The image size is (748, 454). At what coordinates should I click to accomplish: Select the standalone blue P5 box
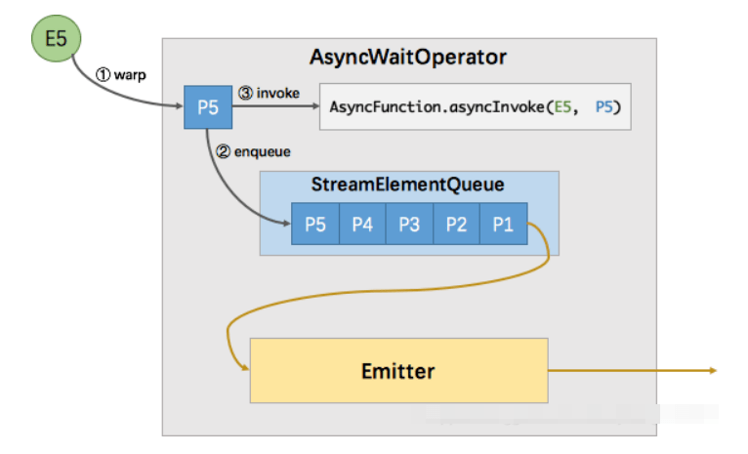point(208,106)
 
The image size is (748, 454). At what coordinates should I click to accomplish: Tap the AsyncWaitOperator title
point(408,58)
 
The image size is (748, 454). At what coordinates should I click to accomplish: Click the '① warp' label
point(120,74)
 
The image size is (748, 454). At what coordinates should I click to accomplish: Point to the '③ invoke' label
point(269,94)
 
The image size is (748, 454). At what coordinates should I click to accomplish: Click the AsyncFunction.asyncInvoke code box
point(475,106)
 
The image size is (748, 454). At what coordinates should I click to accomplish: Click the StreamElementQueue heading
point(408,186)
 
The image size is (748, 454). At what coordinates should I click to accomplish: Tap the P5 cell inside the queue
point(314,224)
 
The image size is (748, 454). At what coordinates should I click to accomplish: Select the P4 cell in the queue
point(362,224)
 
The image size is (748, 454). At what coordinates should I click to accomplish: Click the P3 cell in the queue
point(409,224)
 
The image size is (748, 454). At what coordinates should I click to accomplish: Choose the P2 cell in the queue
point(456,224)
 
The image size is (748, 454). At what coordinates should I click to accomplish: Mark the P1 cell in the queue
point(503,224)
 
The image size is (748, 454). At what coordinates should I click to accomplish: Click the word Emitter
point(398,371)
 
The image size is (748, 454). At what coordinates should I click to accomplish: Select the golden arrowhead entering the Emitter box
point(244,369)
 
